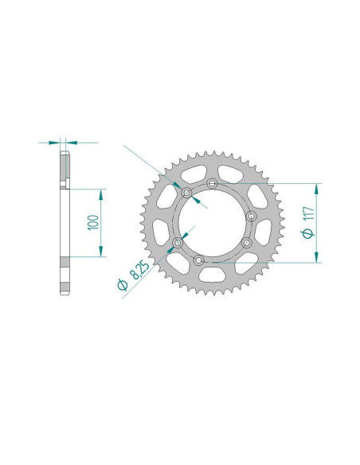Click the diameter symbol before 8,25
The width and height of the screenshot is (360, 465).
(x=123, y=285)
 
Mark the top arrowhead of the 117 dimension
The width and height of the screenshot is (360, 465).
(x=317, y=188)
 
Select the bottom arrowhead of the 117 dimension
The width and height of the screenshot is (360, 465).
(x=317, y=256)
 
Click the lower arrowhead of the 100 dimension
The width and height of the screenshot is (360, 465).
(x=100, y=252)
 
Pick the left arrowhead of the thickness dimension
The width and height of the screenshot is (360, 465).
(x=55, y=143)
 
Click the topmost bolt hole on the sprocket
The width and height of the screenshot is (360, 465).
(x=212, y=184)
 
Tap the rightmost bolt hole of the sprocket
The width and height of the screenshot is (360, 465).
(x=252, y=216)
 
